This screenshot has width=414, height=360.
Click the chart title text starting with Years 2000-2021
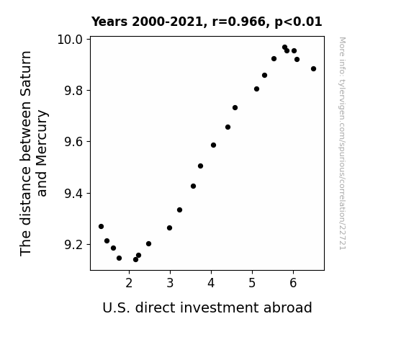click(207, 22)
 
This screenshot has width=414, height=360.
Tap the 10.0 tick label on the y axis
click(70, 40)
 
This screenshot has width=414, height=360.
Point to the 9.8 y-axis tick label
click(73, 91)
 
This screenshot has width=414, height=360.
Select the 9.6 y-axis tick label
click(73, 142)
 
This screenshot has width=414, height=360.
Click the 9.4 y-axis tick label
click(73, 194)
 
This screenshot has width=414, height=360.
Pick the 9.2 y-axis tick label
click(73, 245)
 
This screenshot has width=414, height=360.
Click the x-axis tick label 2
click(129, 283)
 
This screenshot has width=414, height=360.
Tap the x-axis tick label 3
click(170, 283)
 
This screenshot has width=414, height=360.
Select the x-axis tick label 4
click(211, 283)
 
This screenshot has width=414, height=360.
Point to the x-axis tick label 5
click(252, 283)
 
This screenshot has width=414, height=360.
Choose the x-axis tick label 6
click(293, 283)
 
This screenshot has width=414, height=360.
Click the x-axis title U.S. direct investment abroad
click(207, 307)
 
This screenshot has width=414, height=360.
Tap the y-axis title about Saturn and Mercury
click(34, 153)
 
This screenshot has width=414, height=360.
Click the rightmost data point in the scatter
click(313, 69)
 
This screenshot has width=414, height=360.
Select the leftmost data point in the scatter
click(101, 227)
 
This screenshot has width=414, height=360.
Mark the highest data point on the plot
click(284, 48)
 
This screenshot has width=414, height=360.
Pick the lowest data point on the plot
click(135, 260)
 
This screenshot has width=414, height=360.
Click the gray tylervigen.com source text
click(342, 143)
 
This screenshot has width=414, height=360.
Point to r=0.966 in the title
click(239, 22)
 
